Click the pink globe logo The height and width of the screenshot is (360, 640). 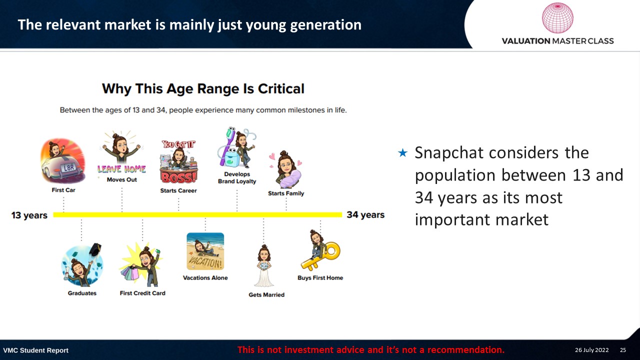tap(557, 18)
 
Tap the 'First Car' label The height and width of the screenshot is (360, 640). tap(63, 190)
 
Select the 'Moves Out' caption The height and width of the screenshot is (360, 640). tap(121, 179)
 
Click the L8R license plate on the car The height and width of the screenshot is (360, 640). tap(68, 167)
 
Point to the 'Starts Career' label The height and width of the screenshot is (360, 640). tap(178, 190)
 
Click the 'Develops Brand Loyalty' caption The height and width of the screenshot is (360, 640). tap(237, 177)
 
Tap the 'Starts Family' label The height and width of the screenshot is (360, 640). tap(286, 193)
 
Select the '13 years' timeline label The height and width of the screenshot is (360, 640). tap(29, 215)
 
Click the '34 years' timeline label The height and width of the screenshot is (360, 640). tap(365, 214)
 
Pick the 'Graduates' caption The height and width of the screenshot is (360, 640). tap(82, 293)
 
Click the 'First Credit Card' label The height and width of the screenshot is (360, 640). tap(142, 293)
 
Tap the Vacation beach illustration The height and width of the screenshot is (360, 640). tap(205, 251)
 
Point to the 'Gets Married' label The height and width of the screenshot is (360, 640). tap(266, 295)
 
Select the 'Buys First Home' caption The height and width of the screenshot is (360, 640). tap(320, 277)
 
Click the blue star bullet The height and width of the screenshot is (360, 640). tap(402, 153)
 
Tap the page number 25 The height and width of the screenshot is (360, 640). tap(623, 350)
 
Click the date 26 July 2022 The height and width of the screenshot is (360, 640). tap(591, 350)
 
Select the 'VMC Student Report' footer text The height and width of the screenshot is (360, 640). tap(35, 350)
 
